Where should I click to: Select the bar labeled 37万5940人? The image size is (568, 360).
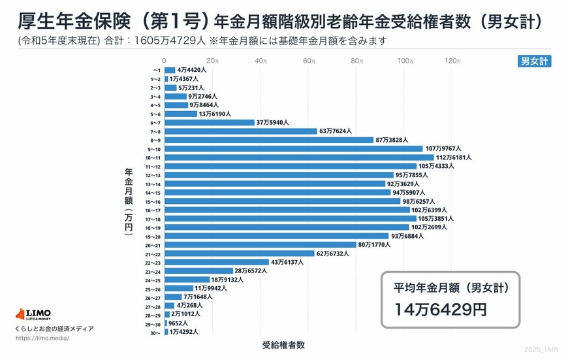click(209, 122)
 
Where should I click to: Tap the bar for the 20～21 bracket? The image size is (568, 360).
click(260, 244)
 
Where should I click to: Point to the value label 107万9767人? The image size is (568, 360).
click(444, 149)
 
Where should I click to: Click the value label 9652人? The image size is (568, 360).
click(178, 323)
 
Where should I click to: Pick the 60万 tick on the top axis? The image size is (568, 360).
click(308, 61)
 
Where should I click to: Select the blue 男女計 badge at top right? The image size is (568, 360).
click(533, 61)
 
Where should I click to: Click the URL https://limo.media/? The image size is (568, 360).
click(41, 338)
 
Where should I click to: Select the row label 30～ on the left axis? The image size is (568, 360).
click(155, 332)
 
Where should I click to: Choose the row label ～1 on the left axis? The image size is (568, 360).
click(156, 70)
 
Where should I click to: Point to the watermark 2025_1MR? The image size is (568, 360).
click(541, 351)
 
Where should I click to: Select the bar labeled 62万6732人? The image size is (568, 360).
click(239, 254)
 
